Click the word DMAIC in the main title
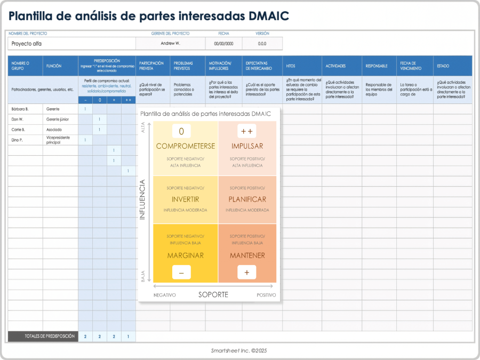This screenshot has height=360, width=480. [269, 16]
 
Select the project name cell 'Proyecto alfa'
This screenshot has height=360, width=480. [27, 44]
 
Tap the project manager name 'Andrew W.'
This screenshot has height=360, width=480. [170, 43]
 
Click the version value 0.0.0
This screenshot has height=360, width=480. [262, 44]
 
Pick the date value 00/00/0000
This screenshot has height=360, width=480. [224, 44]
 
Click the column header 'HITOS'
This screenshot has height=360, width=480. [291, 66]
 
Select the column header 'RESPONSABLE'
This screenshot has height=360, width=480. [377, 66]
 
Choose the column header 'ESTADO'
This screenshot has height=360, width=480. [443, 66]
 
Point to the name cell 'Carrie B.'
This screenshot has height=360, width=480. [18, 130]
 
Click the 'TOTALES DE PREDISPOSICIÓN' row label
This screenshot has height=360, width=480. [43, 337]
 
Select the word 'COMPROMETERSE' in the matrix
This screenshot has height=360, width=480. [185, 146]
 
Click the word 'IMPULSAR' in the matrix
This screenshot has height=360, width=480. [247, 146]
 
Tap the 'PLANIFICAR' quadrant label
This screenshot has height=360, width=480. [247, 199]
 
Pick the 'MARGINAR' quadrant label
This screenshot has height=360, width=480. [185, 255]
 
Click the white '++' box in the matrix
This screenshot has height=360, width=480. [247, 131]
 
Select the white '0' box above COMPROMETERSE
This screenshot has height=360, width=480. [181, 131]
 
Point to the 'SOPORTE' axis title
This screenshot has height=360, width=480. [213, 294]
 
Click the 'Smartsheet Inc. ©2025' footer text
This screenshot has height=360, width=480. [239, 351]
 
